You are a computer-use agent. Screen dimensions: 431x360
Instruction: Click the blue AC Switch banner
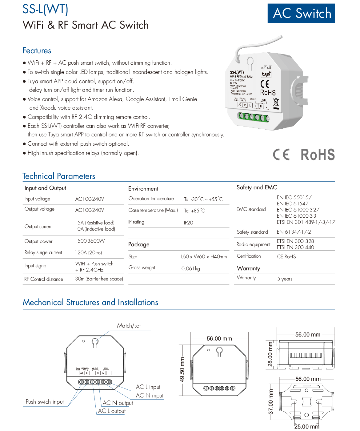coord(301,13)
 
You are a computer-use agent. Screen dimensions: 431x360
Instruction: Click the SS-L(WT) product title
coord(45,9)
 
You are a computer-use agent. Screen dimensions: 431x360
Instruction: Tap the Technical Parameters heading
coord(59,176)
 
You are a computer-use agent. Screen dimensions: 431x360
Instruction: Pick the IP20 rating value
coord(188,223)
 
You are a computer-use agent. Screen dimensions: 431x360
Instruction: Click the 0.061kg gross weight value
coord(190,268)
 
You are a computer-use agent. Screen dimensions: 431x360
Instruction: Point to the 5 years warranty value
coord(285,279)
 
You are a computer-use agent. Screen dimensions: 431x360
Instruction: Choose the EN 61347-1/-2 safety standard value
coord(294,232)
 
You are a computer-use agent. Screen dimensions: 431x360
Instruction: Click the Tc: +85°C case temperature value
coord(194,211)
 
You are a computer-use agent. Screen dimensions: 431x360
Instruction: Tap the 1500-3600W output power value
coord(90,241)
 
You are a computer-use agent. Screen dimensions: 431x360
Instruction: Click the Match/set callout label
coord(129,326)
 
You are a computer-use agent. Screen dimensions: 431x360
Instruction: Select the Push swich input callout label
coord(45,402)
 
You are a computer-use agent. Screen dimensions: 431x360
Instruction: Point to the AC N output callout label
coord(118,403)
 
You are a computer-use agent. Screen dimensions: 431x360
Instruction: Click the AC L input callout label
coord(148,387)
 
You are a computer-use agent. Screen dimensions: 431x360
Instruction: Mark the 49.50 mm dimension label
coord(182,369)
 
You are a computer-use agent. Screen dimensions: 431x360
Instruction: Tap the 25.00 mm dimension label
coord(307,426)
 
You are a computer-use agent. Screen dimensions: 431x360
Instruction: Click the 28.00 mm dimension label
coord(270,354)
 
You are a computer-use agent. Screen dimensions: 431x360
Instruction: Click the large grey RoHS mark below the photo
coord(318,155)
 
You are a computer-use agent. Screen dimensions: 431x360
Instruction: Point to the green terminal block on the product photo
coord(253,117)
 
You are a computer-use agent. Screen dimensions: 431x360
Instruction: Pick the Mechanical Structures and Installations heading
coord(90,302)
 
